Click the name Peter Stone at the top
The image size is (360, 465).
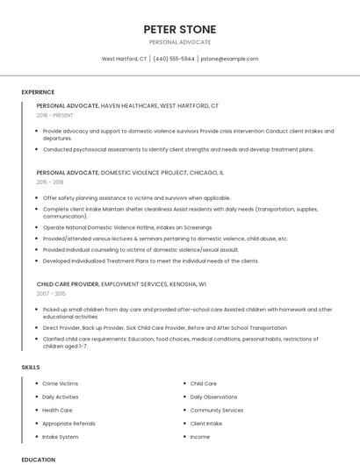pyautogui.click(x=179, y=29)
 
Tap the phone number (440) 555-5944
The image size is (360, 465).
pyautogui.click(x=174, y=59)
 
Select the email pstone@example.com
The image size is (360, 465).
pyautogui.click(x=229, y=59)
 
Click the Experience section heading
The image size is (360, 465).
pyautogui.click(x=38, y=91)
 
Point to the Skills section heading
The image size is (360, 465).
pyautogui.click(x=31, y=367)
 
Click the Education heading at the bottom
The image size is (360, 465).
pyautogui.click(x=38, y=459)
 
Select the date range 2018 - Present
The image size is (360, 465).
pyautogui.click(x=54, y=115)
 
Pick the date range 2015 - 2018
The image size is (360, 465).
pyautogui.click(x=50, y=182)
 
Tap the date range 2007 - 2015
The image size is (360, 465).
pyautogui.click(x=50, y=294)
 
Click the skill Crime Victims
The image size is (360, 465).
pyautogui.click(x=61, y=383)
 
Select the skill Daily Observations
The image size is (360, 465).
pyautogui.click(x=213, y=397)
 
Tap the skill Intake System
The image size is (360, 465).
pyautogui.click(x=61, y=436)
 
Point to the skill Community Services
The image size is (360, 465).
pyautogui.click(x=217, y=410)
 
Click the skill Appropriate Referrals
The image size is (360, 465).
pyautogui.click(x=69, y=423)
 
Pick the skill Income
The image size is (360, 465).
pyautogui.click(x=200, y=436)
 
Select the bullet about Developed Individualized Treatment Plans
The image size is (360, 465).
pyautogui.click(x=150, y=261)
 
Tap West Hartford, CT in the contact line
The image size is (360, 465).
pyautogui.click(x=124, y=59)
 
